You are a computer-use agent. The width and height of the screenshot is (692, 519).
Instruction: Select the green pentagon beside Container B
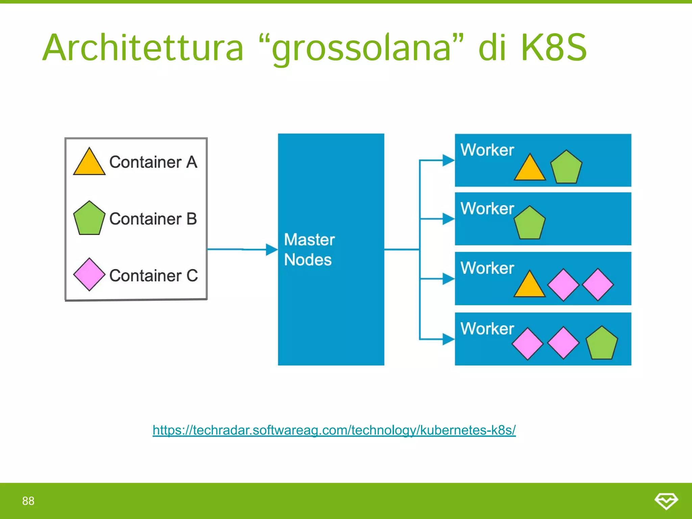tap(89, 219)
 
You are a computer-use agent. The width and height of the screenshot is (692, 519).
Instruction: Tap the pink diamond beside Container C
tap(89, 274)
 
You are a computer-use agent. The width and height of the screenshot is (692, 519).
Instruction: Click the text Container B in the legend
tap(153, 219)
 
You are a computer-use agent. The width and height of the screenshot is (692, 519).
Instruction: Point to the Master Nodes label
tap(309, 249)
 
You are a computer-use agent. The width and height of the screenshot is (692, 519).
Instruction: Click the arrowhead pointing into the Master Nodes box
tap(272, 250)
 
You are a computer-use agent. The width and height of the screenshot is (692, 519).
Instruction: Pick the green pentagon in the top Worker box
tap(566, 168)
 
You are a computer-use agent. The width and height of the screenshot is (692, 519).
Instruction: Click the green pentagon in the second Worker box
tap(529, 223)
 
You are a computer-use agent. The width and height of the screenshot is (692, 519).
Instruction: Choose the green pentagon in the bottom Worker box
tap(601, 344)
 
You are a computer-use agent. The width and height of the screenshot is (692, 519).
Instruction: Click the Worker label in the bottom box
tap(487, 328)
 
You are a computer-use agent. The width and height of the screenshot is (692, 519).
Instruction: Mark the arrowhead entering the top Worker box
tap(448, 160)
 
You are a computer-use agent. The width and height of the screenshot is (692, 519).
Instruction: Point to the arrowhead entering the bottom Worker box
tap(448, 339)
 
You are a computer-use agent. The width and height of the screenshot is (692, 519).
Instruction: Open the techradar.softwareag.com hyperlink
tap(334, 430)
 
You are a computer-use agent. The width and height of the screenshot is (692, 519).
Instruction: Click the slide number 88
tap(28, 501)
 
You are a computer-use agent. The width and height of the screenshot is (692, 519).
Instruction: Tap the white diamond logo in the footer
tap(666, 501)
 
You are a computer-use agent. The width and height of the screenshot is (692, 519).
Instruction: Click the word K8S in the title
tap(554, 48)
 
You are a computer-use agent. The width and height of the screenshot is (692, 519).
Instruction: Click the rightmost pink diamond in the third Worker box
tap(598, 285)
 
